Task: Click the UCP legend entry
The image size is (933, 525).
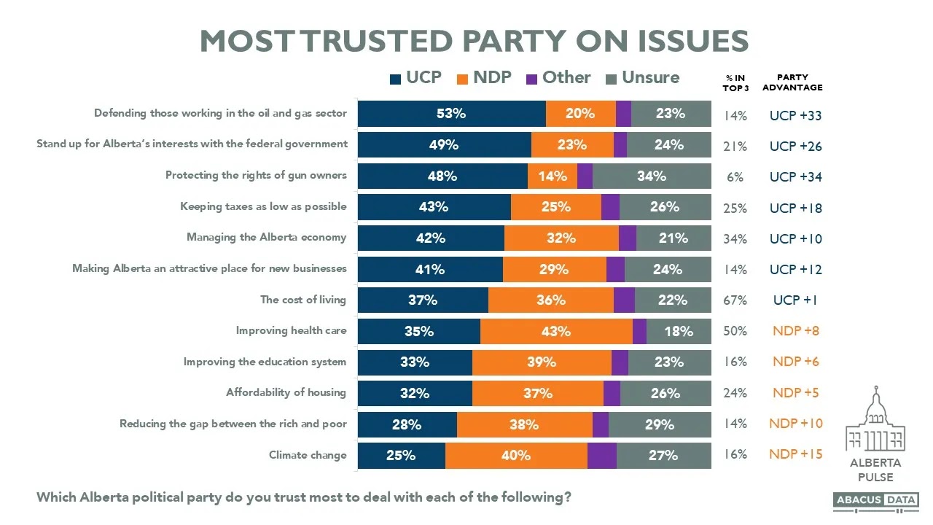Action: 416,78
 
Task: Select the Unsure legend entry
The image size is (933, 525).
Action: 642,78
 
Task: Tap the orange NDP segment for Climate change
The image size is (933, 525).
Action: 516,455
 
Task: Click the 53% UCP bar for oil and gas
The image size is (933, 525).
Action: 451,114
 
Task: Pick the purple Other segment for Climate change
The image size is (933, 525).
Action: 602,455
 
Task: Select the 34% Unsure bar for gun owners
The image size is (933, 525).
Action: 652,176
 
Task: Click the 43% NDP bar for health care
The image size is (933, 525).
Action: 556,331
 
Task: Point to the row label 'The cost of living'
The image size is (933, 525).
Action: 303,300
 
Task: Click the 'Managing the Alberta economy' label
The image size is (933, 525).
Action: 266,238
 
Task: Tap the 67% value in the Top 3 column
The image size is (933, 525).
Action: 735,300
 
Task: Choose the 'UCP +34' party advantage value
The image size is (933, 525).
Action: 795,177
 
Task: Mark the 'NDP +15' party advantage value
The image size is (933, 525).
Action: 795,454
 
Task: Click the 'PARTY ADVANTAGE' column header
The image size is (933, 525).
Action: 792,82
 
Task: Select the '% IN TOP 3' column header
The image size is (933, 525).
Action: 735,82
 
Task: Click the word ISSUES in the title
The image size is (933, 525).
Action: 679,41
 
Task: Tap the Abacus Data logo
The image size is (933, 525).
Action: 876,500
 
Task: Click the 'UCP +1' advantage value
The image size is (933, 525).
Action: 795,300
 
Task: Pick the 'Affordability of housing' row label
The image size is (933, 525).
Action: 286,392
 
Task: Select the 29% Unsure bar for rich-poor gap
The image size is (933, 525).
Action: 660,424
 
